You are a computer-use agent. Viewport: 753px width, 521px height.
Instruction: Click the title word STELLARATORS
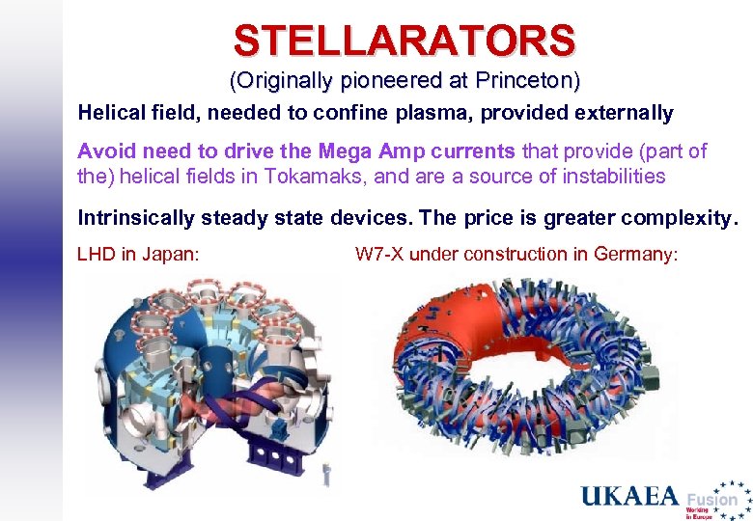pos(404,41)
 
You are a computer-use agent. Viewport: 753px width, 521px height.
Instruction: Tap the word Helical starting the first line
pos(110,113)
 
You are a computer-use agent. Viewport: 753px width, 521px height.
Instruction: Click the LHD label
pos(95,255)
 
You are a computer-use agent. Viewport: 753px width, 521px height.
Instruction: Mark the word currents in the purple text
pos(467,151)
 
